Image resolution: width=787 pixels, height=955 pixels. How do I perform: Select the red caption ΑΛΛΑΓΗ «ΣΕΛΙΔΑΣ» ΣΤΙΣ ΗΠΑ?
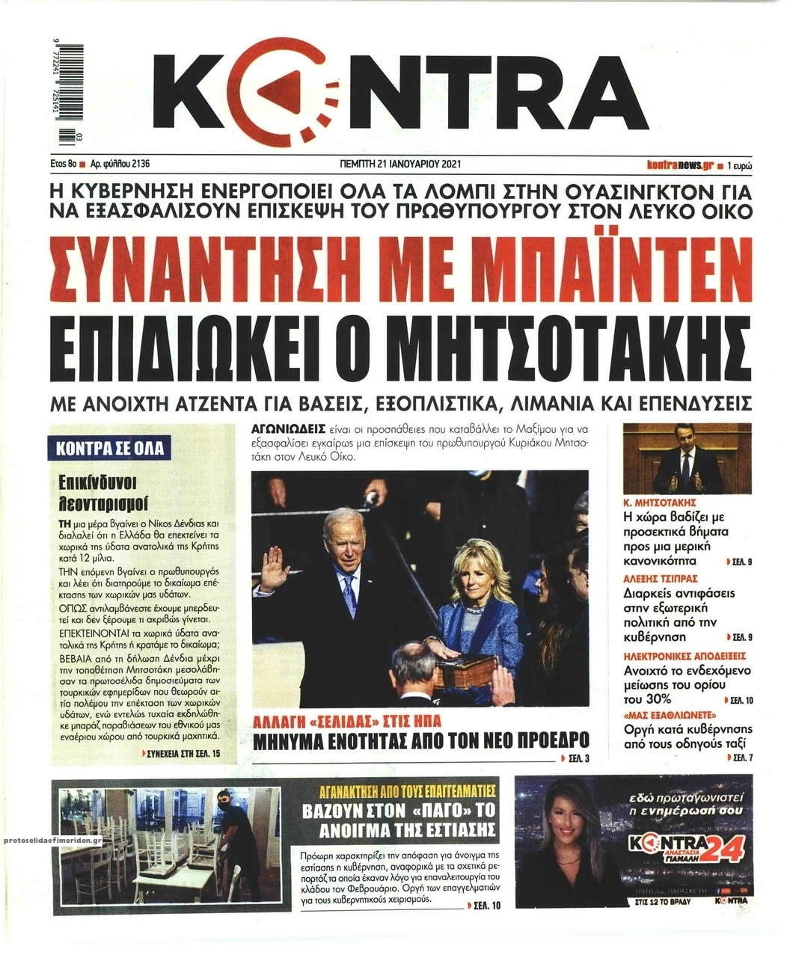(346, 722)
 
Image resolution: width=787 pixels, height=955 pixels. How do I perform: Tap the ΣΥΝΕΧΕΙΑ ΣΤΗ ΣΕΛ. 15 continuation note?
(182, 755)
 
